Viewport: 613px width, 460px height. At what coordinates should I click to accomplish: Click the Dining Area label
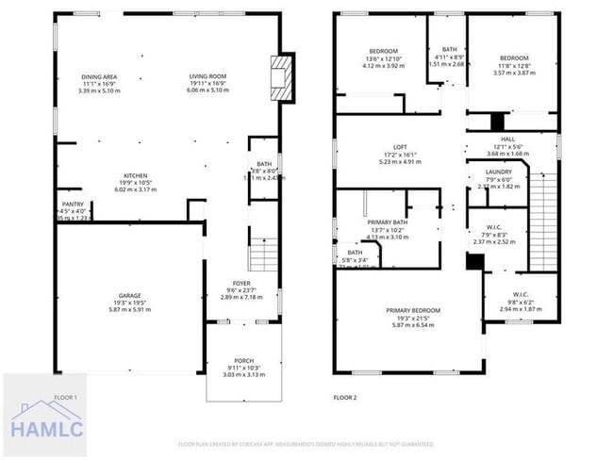[99, 76]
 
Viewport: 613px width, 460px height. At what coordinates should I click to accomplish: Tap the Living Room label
[207, 76]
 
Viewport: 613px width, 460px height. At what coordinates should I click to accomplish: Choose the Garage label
[128, 295]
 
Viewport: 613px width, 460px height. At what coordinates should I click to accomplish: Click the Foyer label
[243, 282]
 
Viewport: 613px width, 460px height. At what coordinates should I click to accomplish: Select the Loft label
[400, 147]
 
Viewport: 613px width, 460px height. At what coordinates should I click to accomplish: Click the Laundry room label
[498, 172]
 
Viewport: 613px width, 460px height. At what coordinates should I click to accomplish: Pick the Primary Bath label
[387, 222]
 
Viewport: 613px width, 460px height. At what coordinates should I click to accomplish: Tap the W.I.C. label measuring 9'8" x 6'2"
[525, 293]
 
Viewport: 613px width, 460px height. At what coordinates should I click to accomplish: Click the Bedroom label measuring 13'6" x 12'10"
[383, 51]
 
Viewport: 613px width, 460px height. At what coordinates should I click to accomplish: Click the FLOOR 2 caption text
[345, 398]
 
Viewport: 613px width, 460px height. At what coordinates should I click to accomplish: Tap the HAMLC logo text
[47, 429]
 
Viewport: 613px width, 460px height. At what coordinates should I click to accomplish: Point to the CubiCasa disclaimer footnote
[306, 444]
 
